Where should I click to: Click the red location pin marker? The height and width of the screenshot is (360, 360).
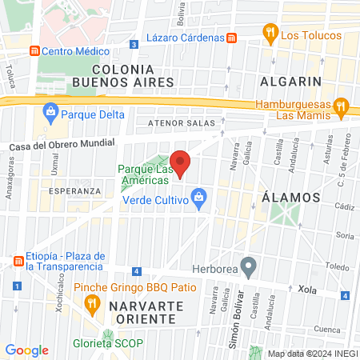tap(181, 163)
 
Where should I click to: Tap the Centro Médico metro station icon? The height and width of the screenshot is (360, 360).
tap(34, 50)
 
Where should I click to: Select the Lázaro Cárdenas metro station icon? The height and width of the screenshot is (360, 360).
tap(231, 38)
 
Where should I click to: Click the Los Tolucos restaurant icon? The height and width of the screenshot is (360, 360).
tap(270, 34)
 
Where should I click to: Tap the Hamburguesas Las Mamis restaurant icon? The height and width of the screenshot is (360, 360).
tap(341, 106)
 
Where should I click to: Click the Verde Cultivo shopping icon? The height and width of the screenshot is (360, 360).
tap(200, 196)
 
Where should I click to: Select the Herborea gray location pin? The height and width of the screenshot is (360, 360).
tap(249, 265)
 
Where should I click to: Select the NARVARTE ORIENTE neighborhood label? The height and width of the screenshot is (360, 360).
tap(131, 312)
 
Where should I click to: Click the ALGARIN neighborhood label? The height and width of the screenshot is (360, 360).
tap(291, 81)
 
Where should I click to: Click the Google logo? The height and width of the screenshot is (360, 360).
tap(27, 350)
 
